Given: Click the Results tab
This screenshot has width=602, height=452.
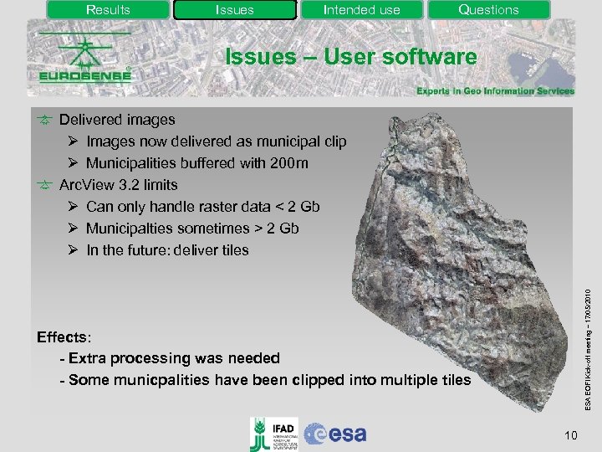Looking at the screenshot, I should [x=108, y=10].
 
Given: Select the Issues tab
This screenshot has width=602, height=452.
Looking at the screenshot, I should [x=234, y=10].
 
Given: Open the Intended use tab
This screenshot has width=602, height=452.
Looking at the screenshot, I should [x=361, y=10].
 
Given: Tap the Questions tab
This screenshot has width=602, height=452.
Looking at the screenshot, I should [x=488, y=10].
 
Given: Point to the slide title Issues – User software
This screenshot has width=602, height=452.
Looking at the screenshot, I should [x=351, y=57].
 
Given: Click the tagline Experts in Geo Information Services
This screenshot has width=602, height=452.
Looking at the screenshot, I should [x=495, y=91].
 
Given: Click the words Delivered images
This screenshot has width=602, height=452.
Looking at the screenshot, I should [x=117, y=120].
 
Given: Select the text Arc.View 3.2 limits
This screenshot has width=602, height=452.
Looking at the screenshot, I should [x=118, y=184].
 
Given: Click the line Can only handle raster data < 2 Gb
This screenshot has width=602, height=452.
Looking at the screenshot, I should [x=202, y=206].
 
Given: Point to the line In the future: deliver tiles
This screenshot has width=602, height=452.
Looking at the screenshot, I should [x=167, y=249].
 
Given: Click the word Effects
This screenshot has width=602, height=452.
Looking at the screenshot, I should [x=63, y=337].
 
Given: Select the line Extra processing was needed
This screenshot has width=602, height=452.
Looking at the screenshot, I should [x=174, y=358].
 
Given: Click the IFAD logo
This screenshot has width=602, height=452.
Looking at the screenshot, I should [x=272, y=433].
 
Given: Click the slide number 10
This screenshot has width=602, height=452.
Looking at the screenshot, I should [x=571, y=434].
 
